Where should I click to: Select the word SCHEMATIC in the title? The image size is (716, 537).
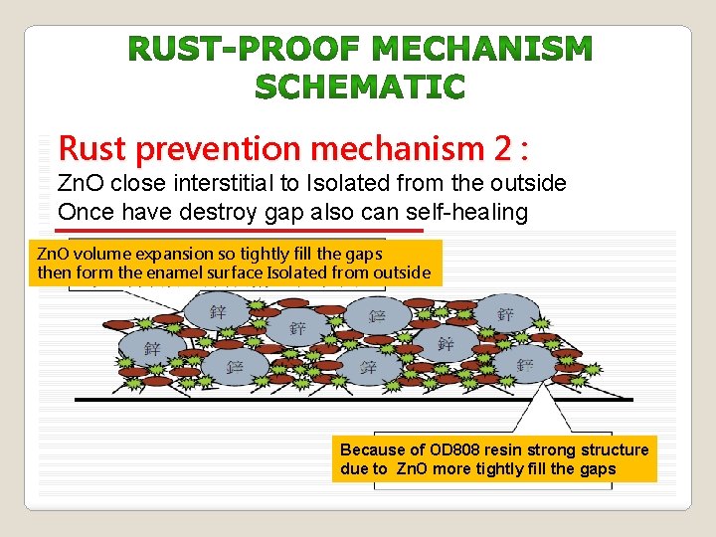[359, 88]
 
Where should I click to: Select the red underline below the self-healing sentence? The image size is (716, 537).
[239, 231]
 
